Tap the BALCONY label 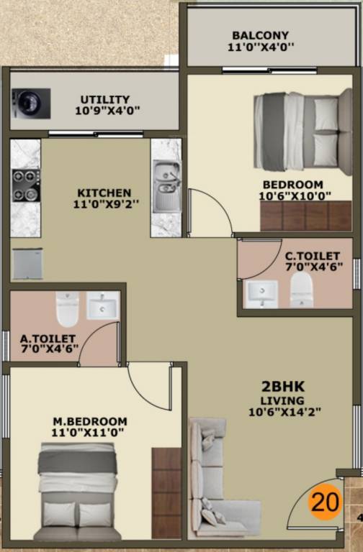[261, 35]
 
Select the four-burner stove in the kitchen [25, 185]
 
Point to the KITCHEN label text [104, 193]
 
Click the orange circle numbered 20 [325, 502]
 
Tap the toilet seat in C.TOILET [302, 290]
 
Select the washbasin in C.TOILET [261, 293]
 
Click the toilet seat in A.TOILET [67, 308]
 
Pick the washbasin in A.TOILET [103, 306]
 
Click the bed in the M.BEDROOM [77, 492]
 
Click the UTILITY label [105, 99]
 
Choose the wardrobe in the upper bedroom [305, 216]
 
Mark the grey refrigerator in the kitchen [28, 264]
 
